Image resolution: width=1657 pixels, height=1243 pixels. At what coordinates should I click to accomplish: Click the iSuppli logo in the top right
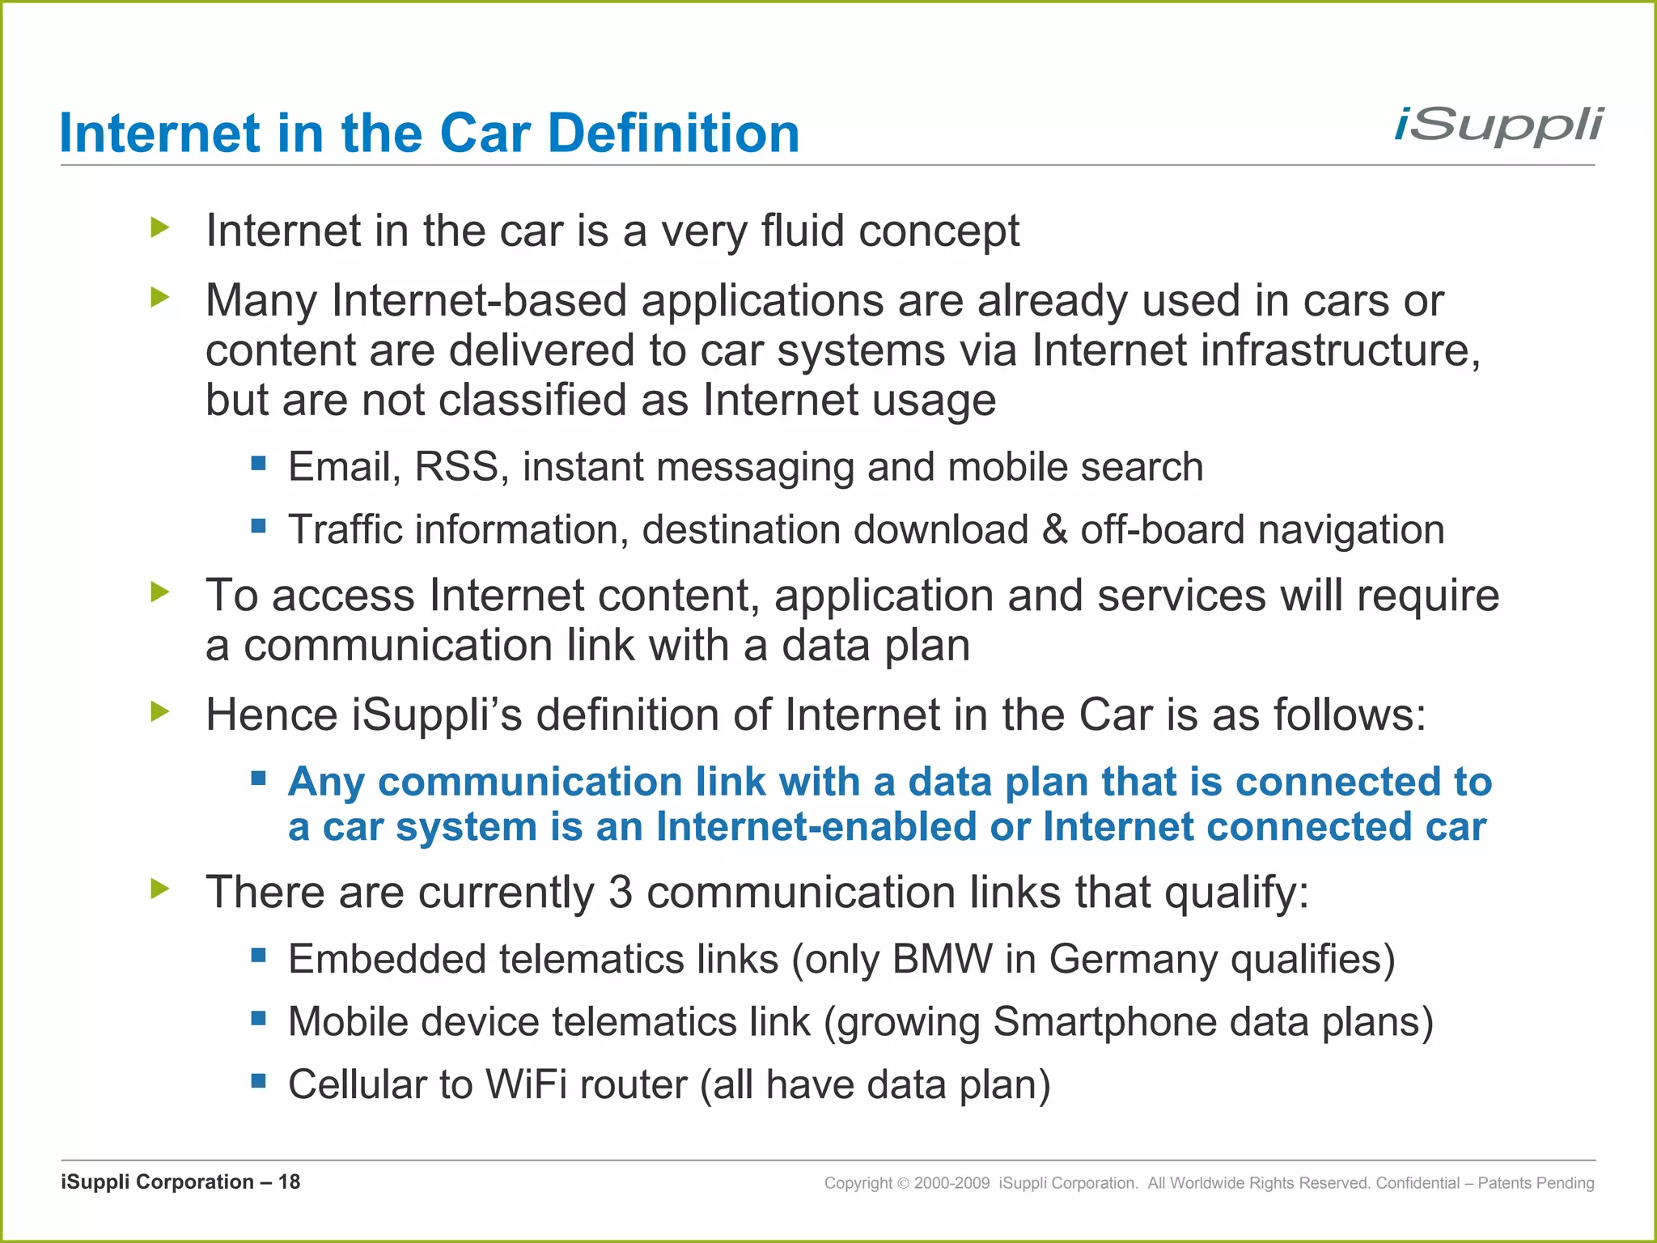(x=1498, y=127)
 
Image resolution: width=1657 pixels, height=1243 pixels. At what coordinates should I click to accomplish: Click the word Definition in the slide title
(x=673, y=134)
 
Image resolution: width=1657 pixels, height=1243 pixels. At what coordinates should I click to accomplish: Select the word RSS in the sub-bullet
(x=457, y=467)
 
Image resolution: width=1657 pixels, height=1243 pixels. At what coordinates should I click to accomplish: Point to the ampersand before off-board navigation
(x=1054, y=530)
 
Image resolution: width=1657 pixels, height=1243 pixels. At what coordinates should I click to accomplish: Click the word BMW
(x=943, y=959)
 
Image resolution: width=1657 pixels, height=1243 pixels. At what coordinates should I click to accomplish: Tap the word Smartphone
(x=1104, y=1022)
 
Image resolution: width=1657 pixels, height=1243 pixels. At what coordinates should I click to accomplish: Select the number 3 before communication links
(x=620, y=893)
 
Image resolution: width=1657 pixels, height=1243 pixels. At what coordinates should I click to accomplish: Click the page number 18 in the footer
(x=289, y=1182)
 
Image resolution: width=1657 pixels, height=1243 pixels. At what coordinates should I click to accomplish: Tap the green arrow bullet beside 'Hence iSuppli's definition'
(x=160, y=712)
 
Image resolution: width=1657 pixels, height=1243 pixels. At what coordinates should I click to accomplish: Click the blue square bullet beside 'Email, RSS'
(x=259, y=464)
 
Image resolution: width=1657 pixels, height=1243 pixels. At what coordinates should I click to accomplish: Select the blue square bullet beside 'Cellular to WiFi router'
(x=259, y=1081)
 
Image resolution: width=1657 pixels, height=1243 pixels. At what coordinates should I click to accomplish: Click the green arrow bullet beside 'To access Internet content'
(x=160, y=592)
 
